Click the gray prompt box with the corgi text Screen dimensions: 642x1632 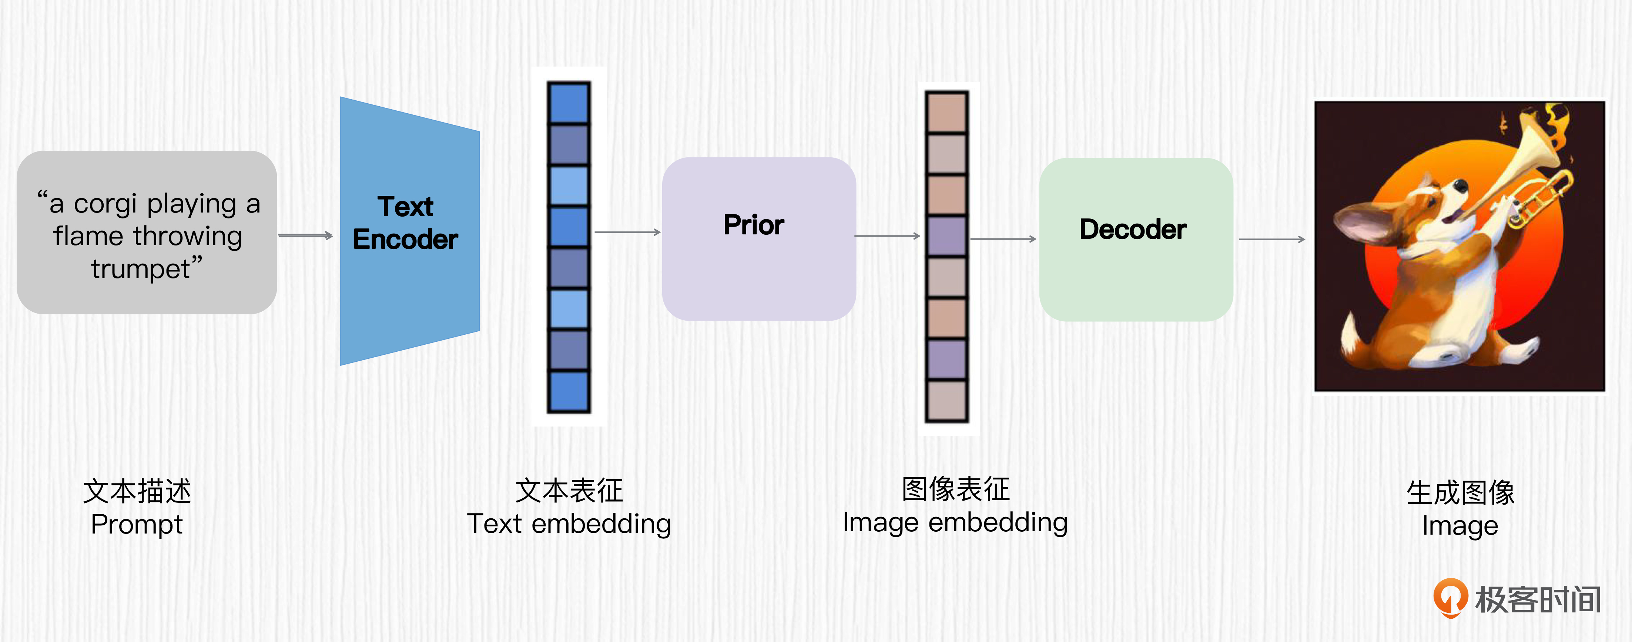(x=146, y=232)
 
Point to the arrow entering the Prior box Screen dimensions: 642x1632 (x=627, y=233)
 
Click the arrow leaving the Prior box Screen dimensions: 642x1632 (x=887, y=236)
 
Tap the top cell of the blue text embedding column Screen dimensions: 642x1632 (x=568, y=103)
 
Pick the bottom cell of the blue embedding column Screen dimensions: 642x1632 (x=568, y=392)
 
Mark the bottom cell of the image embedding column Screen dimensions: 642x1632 (x=946, y=401)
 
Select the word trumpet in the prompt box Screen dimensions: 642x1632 (x=141, y=269)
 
